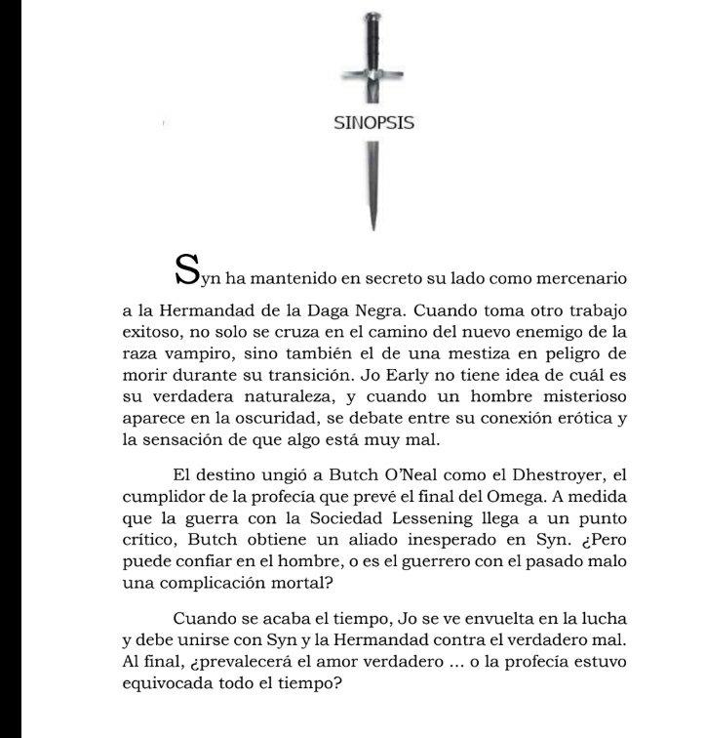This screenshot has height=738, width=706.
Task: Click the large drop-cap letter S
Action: [x=186, y=268]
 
